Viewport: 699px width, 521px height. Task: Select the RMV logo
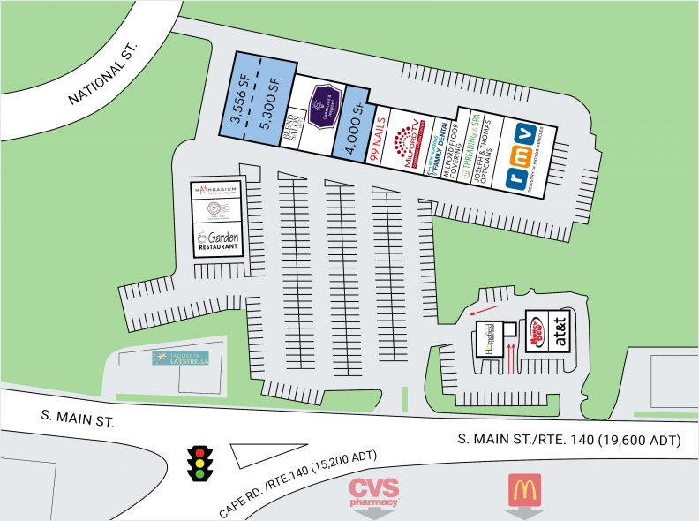point(522,158)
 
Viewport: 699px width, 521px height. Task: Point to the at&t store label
point(560,334)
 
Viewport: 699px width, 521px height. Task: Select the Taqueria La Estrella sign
point(178,359)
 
